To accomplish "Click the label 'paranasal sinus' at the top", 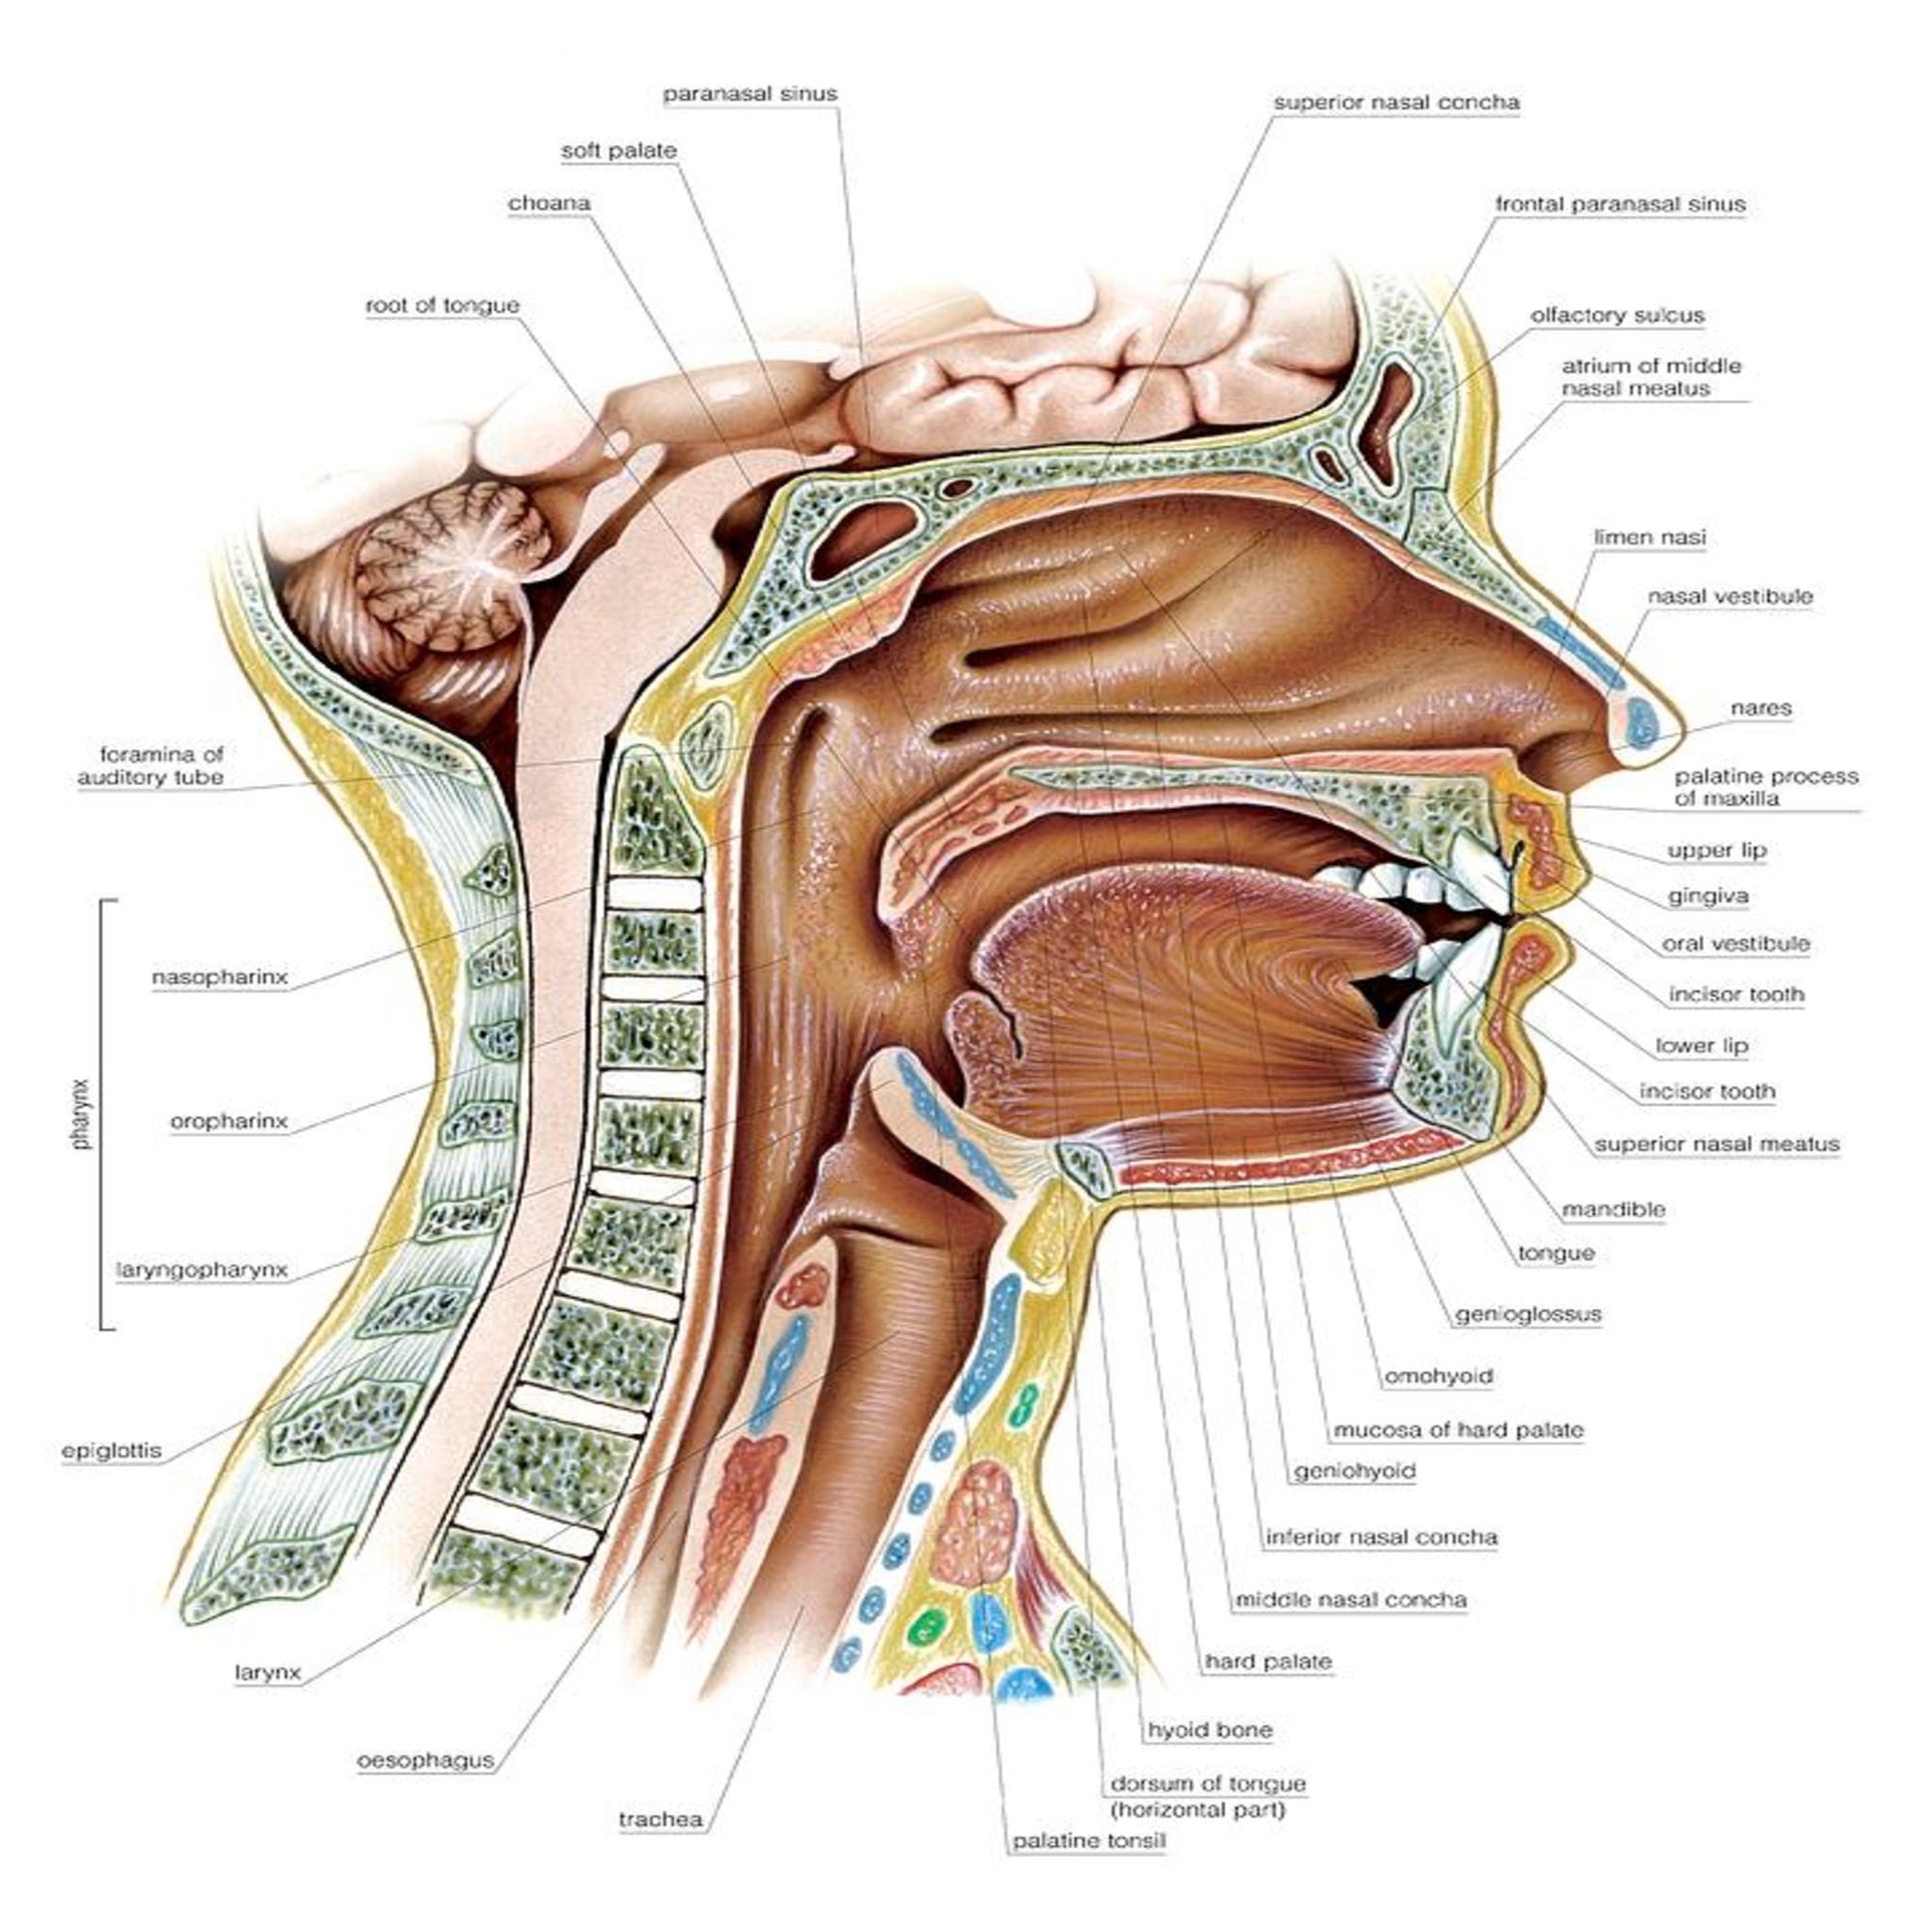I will pos(750,94).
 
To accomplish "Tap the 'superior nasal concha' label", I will pos(1395,103).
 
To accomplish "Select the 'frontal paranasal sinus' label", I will pos(1619,204).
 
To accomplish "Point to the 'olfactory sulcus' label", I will pos(1616,316).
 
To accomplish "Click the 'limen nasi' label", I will pos(1649,537).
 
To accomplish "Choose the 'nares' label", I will pos(1761,709).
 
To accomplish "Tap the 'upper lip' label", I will pos(1716,850).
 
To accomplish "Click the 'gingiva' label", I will pos(1708,897).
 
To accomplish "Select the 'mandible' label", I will pos(1613,1210).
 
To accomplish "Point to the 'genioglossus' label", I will pos(1527,1314).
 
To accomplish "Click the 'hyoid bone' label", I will pos(1210,1730).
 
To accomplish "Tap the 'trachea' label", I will pos(660,1820).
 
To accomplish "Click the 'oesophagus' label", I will pos(426,1760).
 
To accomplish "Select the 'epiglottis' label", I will pos(111,1450).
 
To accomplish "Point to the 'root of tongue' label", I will pos(442,305).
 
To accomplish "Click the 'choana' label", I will pos(549,204).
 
